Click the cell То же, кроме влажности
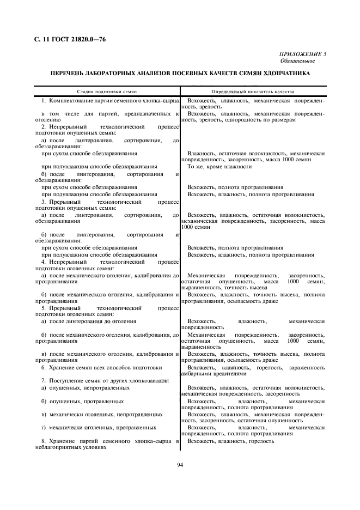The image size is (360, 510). pos(219,166)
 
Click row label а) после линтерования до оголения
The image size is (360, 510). pos(81,321)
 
